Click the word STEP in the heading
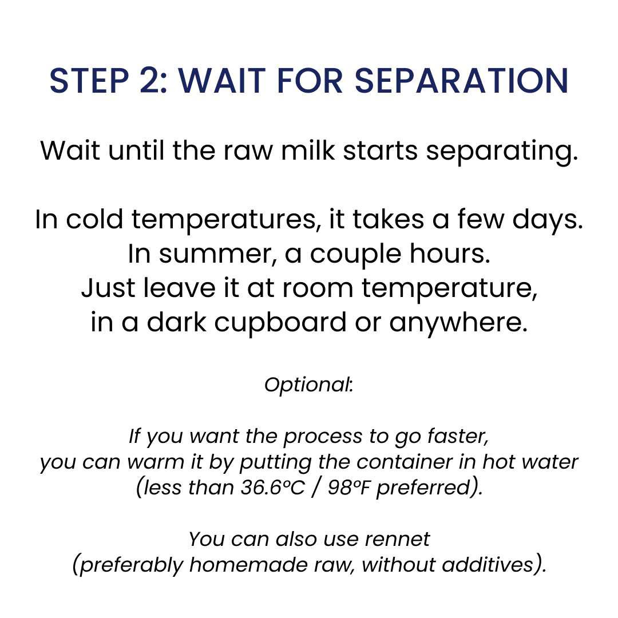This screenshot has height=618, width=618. pos(89,81)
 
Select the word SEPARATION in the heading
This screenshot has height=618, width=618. pos(462,81)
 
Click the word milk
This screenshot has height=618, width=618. pos(308,150)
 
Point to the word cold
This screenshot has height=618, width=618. pos(94,219)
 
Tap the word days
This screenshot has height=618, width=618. pos(548,219)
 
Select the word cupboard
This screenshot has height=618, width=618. pos(280,322)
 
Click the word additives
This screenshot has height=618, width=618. pos(488,565)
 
